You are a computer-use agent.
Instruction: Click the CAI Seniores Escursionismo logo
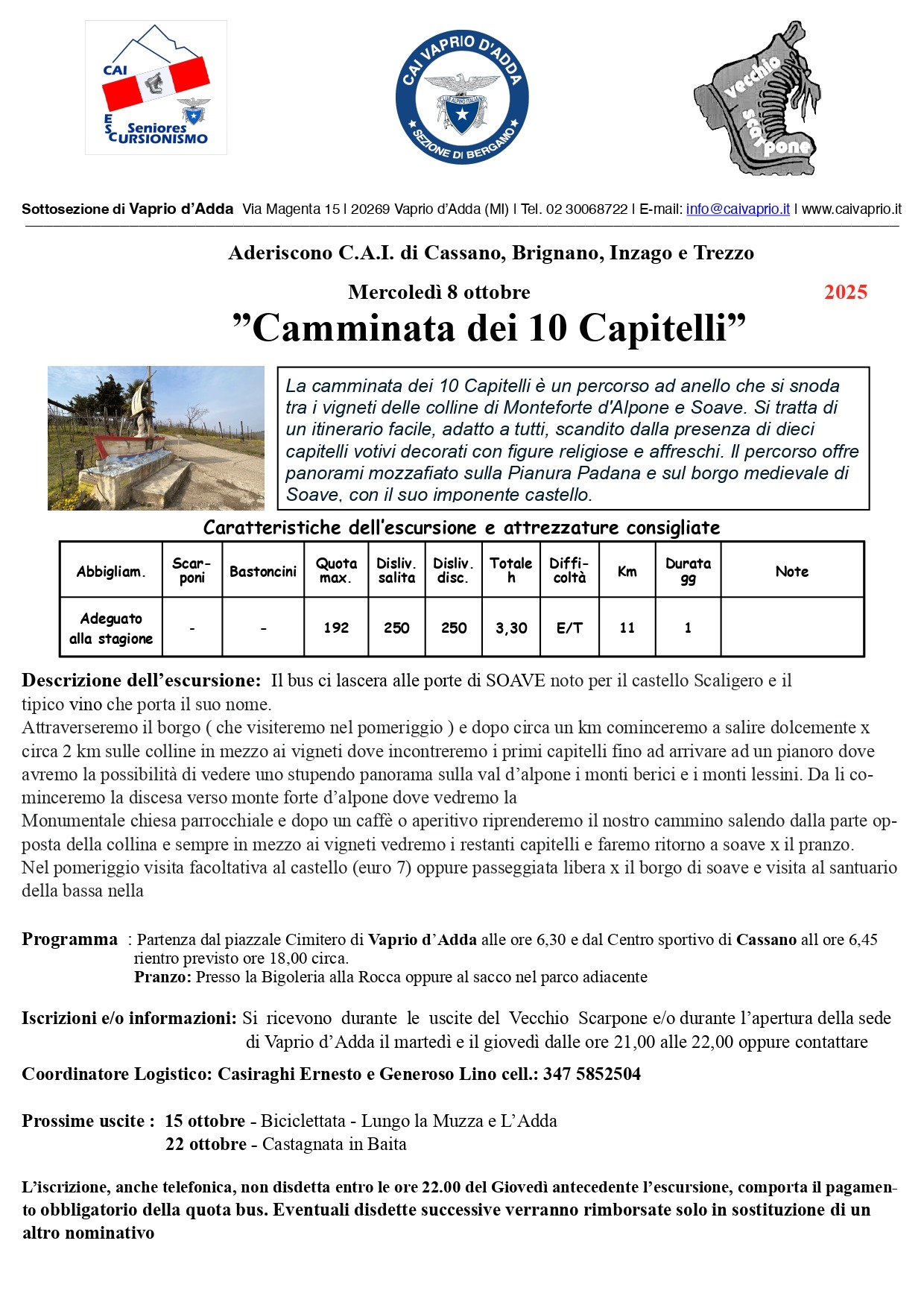click(x=156, y=87)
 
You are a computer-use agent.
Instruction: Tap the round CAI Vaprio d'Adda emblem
click(x=462, y=97)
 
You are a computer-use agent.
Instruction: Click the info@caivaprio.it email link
click(x=738, y=209)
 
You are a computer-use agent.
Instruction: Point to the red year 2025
click(x=846, y=292)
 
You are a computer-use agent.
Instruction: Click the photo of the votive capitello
click(x=156, y=437)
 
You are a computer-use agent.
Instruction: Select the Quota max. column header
click(x=336, y=570)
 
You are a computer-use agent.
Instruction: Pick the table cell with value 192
click(x=336, y=628)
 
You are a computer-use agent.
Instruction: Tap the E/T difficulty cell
click(x=569, y=628)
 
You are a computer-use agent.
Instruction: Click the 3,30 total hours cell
click(x=511, y=628)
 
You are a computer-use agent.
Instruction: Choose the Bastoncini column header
click(x=263, y=571)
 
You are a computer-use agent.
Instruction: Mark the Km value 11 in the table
click(x=627, y=628)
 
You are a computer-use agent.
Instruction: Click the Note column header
click(x=791, y=571)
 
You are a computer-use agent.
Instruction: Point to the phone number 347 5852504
click(x=592, y=1074)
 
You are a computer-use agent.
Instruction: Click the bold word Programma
click(x=69, y=939)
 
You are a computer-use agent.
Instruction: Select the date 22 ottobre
click(x=206, y=1144)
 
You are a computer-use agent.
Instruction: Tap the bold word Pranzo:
click(x=162, y=977)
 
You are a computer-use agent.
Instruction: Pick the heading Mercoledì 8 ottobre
click(x=439, y=292)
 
